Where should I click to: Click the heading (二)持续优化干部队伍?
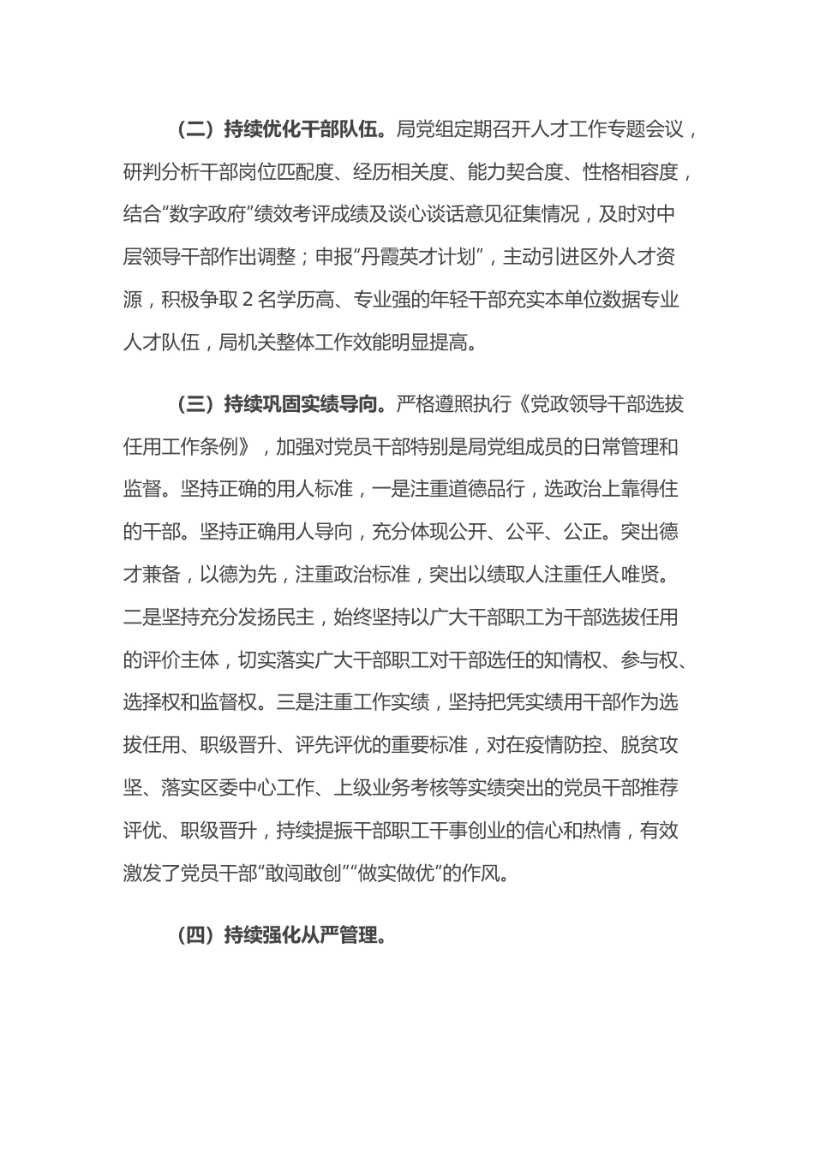pyautogui.click(x=283, y=129)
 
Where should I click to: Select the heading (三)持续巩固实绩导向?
pyautogui.click(x=283, y=403)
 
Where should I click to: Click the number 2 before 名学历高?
pyautogui.click(x=248, y=301)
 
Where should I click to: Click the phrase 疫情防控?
pyautogui.click(x=571, y=745)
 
